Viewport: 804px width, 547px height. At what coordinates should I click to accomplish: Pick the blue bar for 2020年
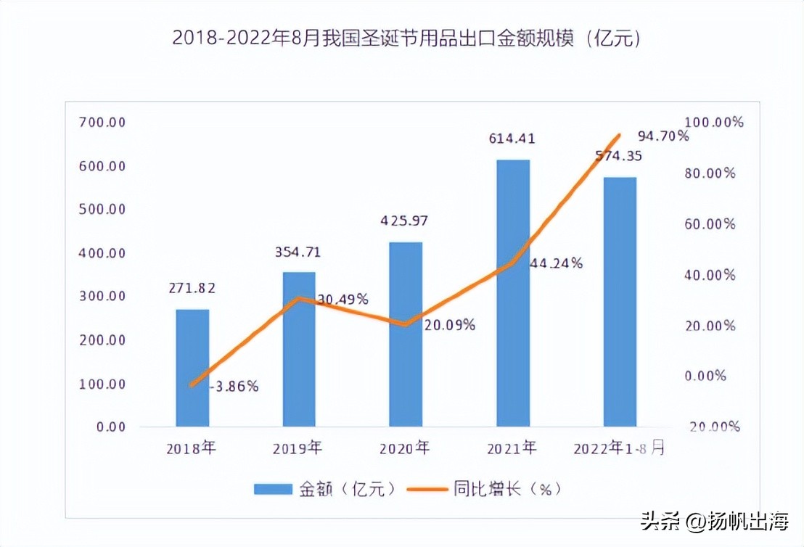click(406, 334)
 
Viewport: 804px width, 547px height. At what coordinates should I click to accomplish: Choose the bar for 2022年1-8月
click(620, 301)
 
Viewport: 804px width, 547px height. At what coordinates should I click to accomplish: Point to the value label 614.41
click(512, 139)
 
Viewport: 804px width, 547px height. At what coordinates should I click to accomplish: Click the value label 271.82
click(192, 288)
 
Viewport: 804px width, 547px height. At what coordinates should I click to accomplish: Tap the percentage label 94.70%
click(663, 136)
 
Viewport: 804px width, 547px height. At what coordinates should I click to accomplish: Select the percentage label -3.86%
click(234, 387)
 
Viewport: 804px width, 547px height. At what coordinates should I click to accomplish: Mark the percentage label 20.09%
click(450, 325)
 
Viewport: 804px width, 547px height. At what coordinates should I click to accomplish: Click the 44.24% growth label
click(557, 263)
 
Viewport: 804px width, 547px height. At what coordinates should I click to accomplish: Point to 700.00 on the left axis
click(102, 123)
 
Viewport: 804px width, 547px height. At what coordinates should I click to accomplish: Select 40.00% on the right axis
click(712, 275)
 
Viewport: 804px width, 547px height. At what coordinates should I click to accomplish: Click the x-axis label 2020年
click(406, 449)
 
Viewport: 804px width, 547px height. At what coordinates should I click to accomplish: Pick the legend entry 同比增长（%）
click(485, 489)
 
